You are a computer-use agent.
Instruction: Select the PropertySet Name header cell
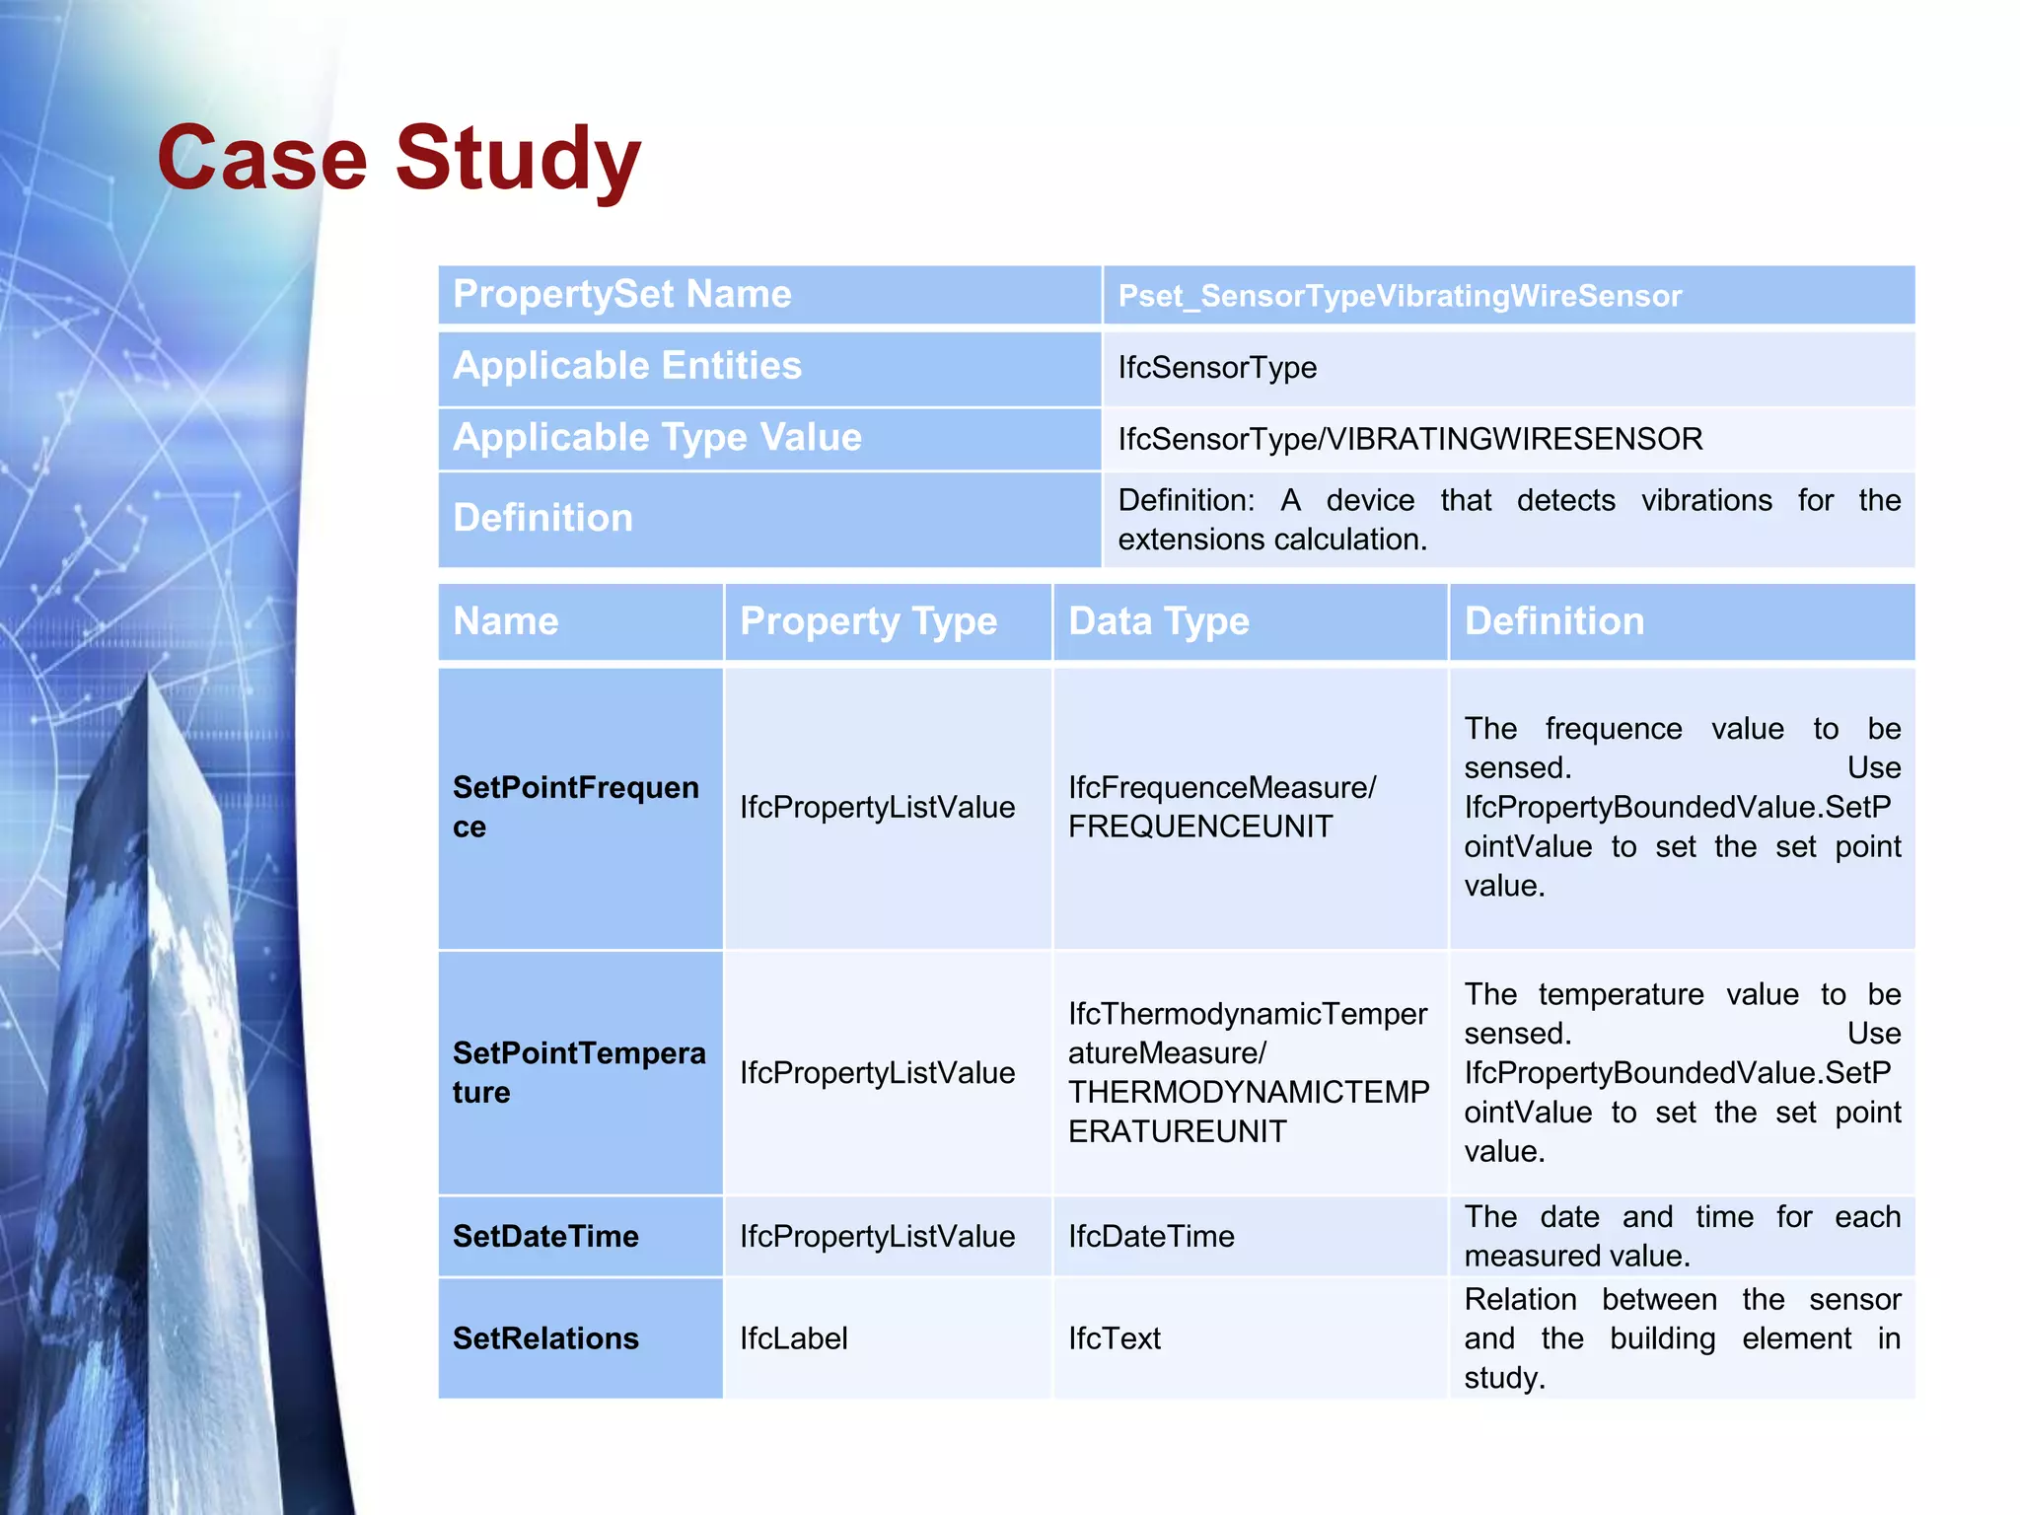click(x=621, y=294)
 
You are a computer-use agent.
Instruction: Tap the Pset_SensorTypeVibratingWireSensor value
click(x=1399, y=296)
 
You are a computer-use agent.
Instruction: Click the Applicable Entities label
click(x=626, y=366)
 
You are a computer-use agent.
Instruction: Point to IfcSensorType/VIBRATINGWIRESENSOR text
click(x=1409, y=439)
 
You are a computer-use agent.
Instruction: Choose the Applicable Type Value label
click(x=657, y=437)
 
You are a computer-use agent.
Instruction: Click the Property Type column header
click(x=868, y=621)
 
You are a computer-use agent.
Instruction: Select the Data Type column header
click(x=1158, y=621)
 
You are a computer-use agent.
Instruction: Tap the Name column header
click(x=505, y=621)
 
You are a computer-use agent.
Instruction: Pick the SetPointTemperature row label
click(x=578, y=1072)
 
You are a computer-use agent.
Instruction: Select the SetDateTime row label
click(x=545, y=1236)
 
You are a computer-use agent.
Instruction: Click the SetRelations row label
click(x=545, y=1338)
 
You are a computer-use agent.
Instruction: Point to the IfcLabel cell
click(x=793, y=1338)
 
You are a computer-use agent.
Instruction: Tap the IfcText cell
click(x=1114, y=1338)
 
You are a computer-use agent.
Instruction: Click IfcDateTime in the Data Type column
click(x=1150, y=1236)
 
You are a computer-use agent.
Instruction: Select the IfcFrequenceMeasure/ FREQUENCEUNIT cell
click(x=1221, y=807)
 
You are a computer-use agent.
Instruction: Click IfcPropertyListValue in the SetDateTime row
click(x=877, y=1236)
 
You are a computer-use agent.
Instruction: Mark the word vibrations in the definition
click(x=1706, y=500)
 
